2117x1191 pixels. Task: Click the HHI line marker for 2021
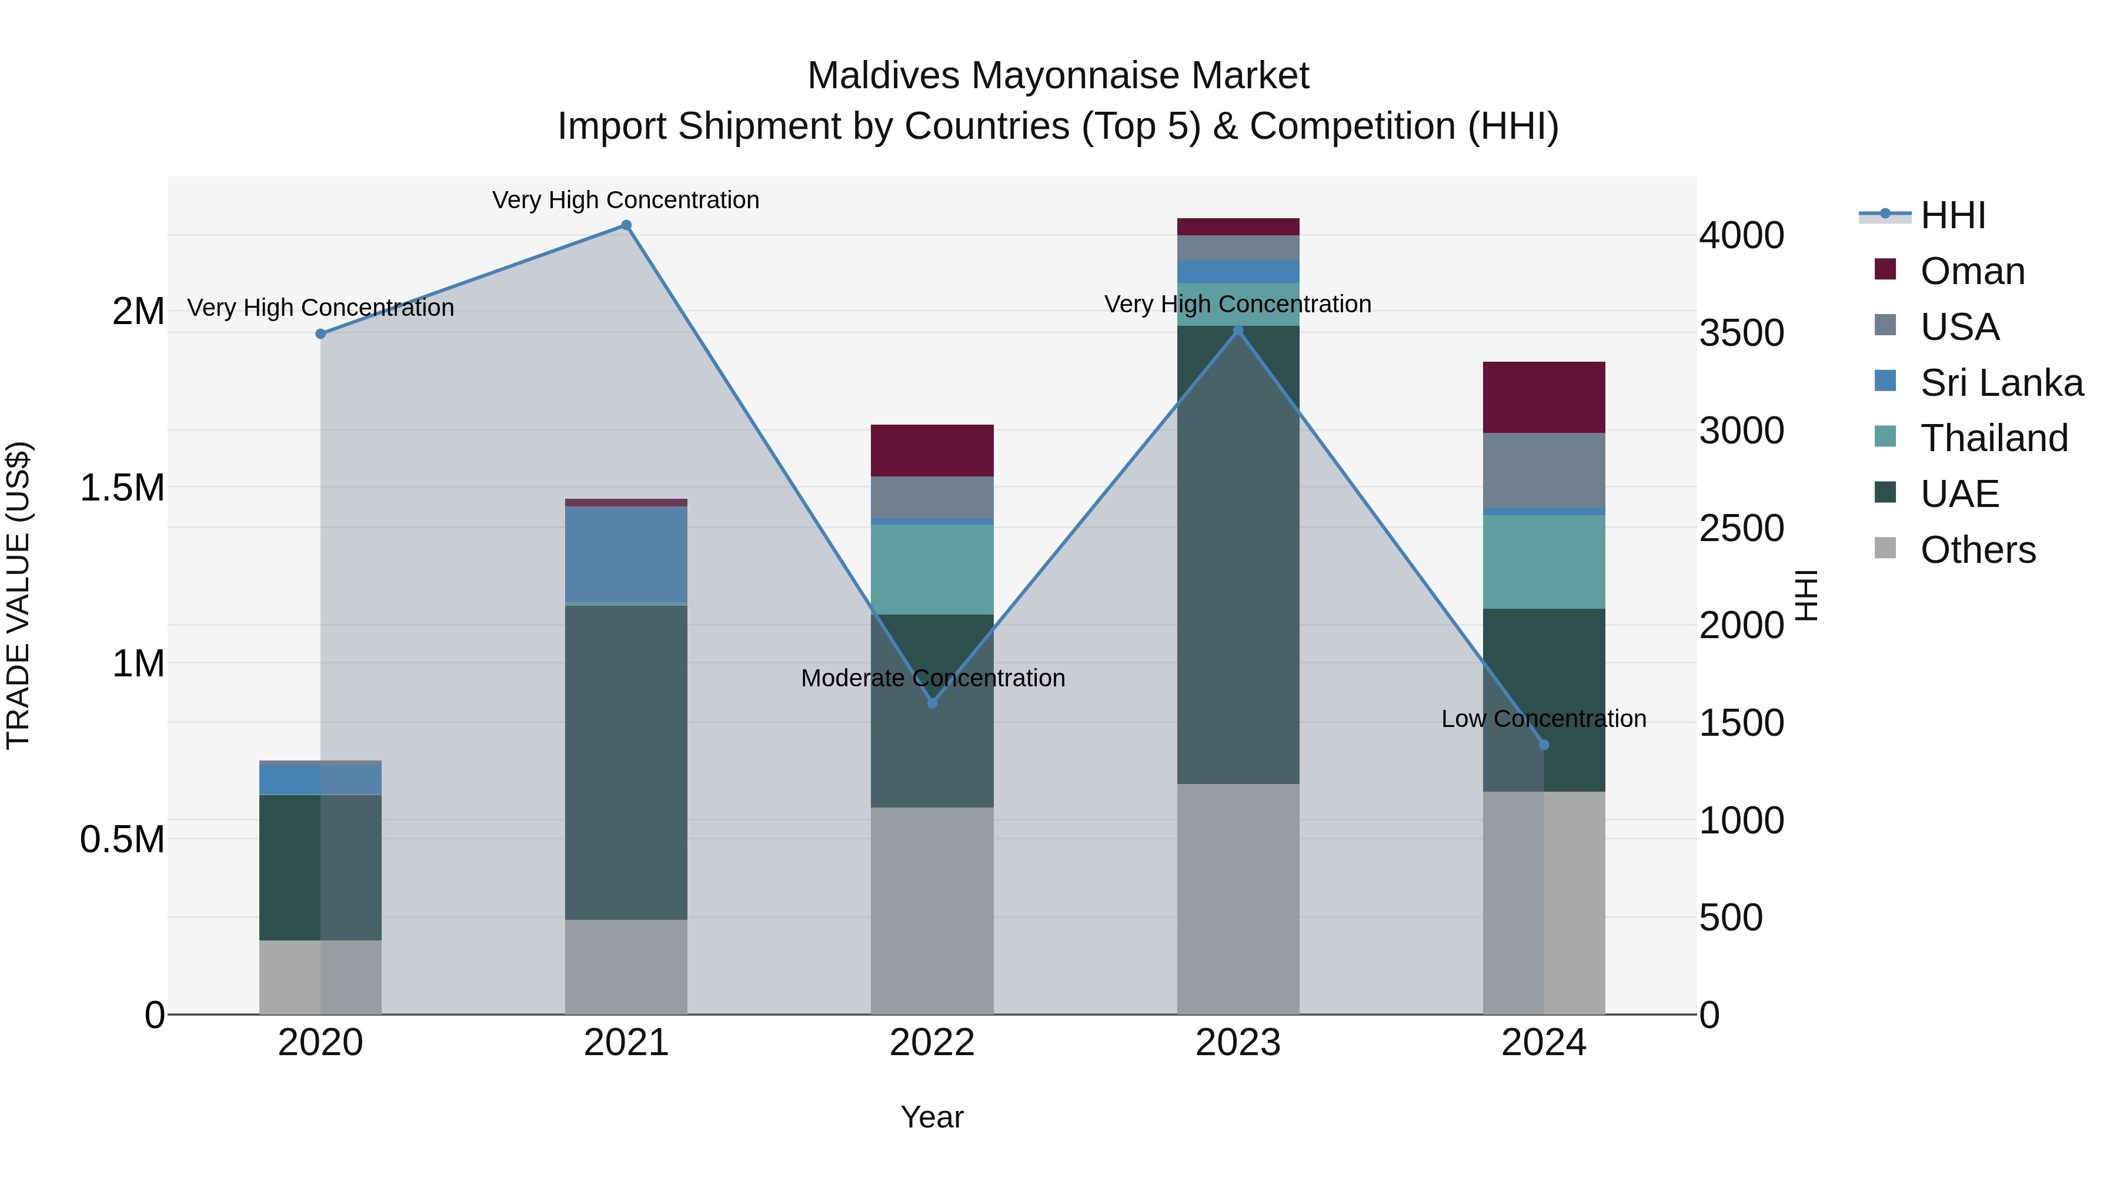626,225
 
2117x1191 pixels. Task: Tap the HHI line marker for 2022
932,703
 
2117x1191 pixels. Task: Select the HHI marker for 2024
1544,745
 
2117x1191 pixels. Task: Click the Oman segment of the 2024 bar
1544,397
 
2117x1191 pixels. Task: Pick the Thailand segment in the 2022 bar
932,569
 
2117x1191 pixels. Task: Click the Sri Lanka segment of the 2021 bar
626,555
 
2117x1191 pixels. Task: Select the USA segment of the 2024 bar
1544,470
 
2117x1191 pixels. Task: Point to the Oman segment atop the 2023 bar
1238,227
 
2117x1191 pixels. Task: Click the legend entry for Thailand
1994,438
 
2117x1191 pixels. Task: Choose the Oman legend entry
1972,271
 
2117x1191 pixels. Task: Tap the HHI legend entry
1952,215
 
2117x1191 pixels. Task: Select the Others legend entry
1977,550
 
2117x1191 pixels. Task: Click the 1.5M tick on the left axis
122,488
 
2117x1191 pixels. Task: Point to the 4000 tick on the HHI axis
1741,236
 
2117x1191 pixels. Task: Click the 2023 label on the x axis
1238,1043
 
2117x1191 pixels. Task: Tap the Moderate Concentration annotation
932,678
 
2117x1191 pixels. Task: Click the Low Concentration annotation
1544,718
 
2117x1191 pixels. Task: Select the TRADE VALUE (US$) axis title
18,595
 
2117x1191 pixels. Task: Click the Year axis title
932,1117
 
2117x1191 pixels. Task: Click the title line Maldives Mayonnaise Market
1058,76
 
